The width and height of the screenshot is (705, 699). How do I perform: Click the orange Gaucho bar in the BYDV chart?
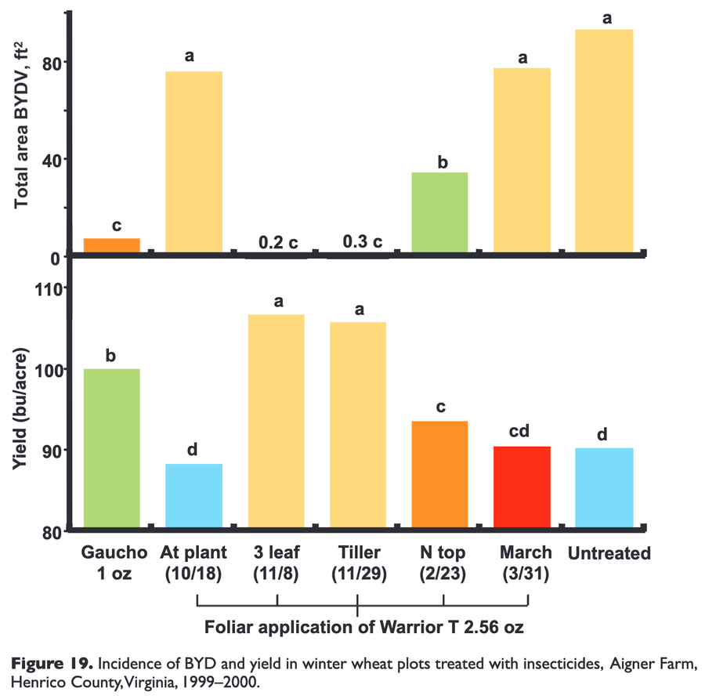pos(111,245)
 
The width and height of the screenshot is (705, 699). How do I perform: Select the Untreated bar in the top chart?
pos(604,141)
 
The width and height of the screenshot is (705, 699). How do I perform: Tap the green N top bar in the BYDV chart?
pos(439,212)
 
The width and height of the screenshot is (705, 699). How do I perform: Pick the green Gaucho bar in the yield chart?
pos(111,448)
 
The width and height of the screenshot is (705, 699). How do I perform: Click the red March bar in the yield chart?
pos(522,487)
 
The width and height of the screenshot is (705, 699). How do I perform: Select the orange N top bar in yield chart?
pos(439,474)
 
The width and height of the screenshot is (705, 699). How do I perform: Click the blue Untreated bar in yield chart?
pos(604,487)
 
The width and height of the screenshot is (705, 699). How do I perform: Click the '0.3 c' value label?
pos(362,242)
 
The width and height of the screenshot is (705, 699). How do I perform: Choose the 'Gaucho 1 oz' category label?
pos(111,563)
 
